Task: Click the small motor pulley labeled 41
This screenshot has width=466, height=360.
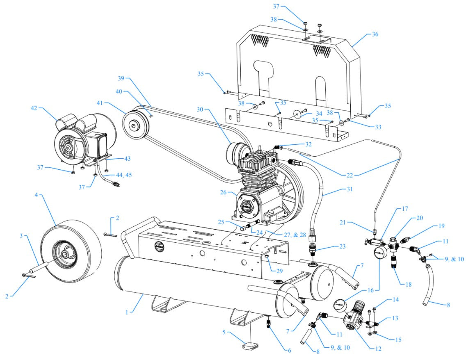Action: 133,125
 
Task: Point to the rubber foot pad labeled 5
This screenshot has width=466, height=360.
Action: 249,346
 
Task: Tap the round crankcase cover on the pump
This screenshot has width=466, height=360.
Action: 247,207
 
